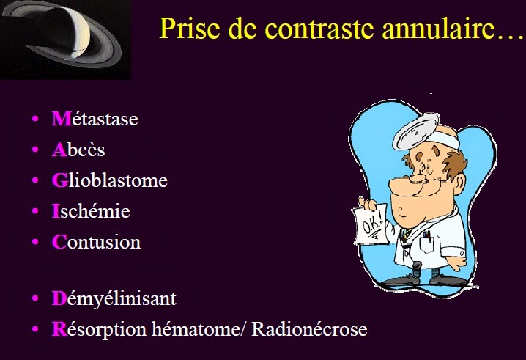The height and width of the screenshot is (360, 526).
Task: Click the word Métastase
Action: (x=95, y=119)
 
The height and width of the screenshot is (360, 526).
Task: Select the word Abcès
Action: (x=78, y=150)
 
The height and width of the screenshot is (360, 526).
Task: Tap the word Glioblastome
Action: (x=109, y=180)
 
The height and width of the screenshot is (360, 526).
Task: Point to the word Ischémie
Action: (x=91, y=211)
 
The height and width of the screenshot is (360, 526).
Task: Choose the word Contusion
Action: (x=96, y=242)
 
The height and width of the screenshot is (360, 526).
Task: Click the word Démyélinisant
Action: (x=114, y=299)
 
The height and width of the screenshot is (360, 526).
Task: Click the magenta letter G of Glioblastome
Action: (x=59, y=180)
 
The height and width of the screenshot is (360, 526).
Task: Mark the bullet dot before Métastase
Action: (x=34, y=120)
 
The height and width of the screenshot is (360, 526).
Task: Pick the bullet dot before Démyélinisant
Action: (x=34, y=300)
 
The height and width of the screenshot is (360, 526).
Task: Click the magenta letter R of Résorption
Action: (x=59, y=329)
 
